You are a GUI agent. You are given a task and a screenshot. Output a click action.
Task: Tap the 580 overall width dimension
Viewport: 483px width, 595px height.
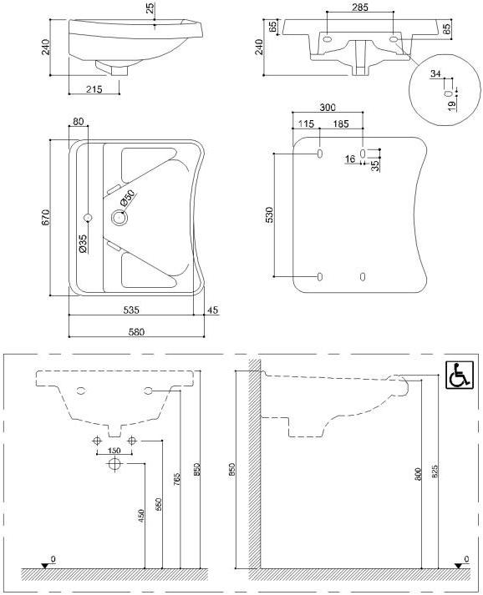135,331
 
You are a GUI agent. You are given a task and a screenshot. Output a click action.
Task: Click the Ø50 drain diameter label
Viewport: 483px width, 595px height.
126,199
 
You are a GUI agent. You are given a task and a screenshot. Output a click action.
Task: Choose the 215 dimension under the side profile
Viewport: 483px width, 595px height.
93,88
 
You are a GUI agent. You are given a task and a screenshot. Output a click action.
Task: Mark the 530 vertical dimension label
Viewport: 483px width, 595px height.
269,215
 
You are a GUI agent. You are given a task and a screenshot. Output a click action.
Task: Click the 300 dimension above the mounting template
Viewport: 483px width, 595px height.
327,108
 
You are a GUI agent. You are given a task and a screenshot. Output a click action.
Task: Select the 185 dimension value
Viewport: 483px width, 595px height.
340,124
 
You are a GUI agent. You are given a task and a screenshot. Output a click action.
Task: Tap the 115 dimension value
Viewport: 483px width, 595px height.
305,124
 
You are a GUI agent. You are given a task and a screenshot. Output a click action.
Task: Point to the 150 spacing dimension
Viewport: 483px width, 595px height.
114,450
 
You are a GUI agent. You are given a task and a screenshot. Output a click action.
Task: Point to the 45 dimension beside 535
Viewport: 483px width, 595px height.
212,310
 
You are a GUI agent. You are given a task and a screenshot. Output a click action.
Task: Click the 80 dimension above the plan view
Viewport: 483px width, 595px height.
78,122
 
